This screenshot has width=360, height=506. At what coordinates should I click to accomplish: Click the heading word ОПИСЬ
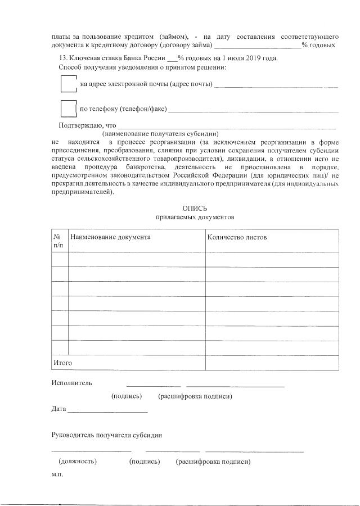click(x=195, y=209)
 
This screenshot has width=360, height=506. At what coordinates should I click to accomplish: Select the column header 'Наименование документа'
click(x=111, y=237)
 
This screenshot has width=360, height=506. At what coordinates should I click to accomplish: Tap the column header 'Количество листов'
click(x=237, y=237)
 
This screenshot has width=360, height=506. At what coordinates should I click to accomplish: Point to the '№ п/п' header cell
click(x=58, y=241)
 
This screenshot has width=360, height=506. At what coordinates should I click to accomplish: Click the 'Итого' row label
click(x=63, y=363)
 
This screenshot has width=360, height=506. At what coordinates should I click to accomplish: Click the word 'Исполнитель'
click(x=71, y=383)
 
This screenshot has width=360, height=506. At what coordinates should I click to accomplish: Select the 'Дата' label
click(x=58, y=409)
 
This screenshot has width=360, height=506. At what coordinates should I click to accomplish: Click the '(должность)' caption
click(x=78, y=462)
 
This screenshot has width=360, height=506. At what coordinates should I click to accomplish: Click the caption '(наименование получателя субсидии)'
click(x=160, y=134)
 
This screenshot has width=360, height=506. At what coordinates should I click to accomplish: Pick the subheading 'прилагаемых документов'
click(x=195, y=217)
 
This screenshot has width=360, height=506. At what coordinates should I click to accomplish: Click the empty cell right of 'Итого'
click(x=272, y=363)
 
